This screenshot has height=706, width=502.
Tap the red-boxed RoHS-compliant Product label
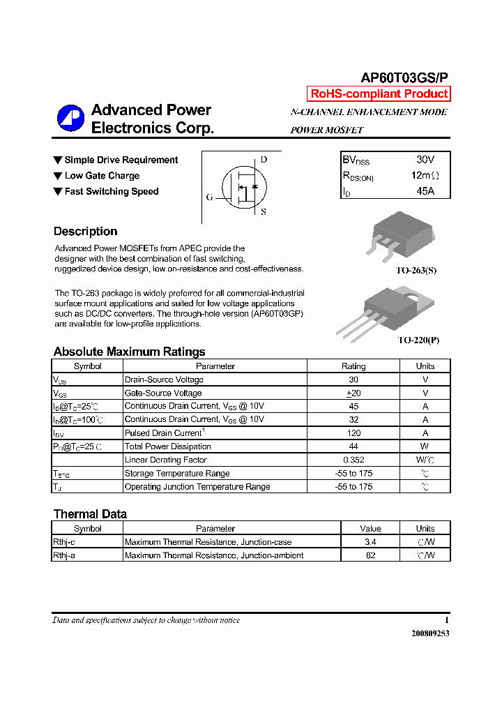(x=379, y=94)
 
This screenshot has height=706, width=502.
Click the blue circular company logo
(x=70, y=119)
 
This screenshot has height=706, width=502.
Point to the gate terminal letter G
(x=209, y=197)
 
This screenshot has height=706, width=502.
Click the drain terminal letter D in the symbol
(x=263, y=160)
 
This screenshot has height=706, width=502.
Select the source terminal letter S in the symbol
(x=263, y=212)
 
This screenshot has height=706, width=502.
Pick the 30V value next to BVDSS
(x=425, y=160)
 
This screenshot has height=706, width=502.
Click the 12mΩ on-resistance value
(x=425, y=176)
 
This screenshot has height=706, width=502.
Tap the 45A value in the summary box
(x=425, y=190)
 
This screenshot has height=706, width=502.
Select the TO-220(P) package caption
(x=418, y=340)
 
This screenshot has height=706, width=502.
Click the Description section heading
(x=85, y=232)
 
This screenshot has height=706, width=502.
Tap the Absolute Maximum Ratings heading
(x=129, y=352)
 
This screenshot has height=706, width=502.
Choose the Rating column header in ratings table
(x=353, y=366)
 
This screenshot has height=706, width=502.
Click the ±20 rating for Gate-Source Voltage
(x=353, y=393)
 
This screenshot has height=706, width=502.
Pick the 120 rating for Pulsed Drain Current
(x=353, y=433)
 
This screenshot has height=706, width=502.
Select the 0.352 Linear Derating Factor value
(x=353, y=460)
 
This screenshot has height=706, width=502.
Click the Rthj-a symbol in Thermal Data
(x=64, y=556)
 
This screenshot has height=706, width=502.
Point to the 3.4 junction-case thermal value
(x=370, y=542)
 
